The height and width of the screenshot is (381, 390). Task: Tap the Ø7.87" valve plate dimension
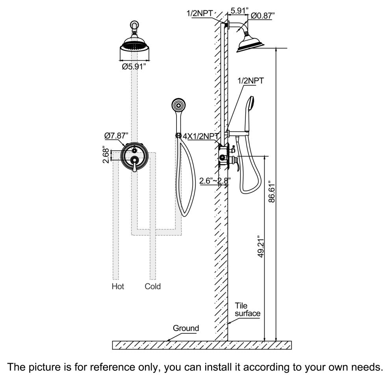click(116, 135)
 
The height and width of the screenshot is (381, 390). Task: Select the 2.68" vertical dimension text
click(105, 155)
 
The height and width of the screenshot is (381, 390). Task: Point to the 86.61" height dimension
click(271, 192)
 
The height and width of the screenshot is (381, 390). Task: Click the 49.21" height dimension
click(260, 247)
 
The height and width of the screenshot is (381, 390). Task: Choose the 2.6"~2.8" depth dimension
click(215, 181)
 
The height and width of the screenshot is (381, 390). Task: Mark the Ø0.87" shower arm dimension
click(263, 15)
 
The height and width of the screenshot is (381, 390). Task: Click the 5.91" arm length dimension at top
click(238, 11)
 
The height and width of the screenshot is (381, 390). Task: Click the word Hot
click(118, 286)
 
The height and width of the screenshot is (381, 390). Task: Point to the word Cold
click(152, 286)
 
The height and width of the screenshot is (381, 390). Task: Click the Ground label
click(186, 328)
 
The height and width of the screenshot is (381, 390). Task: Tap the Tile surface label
click(247, 309)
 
